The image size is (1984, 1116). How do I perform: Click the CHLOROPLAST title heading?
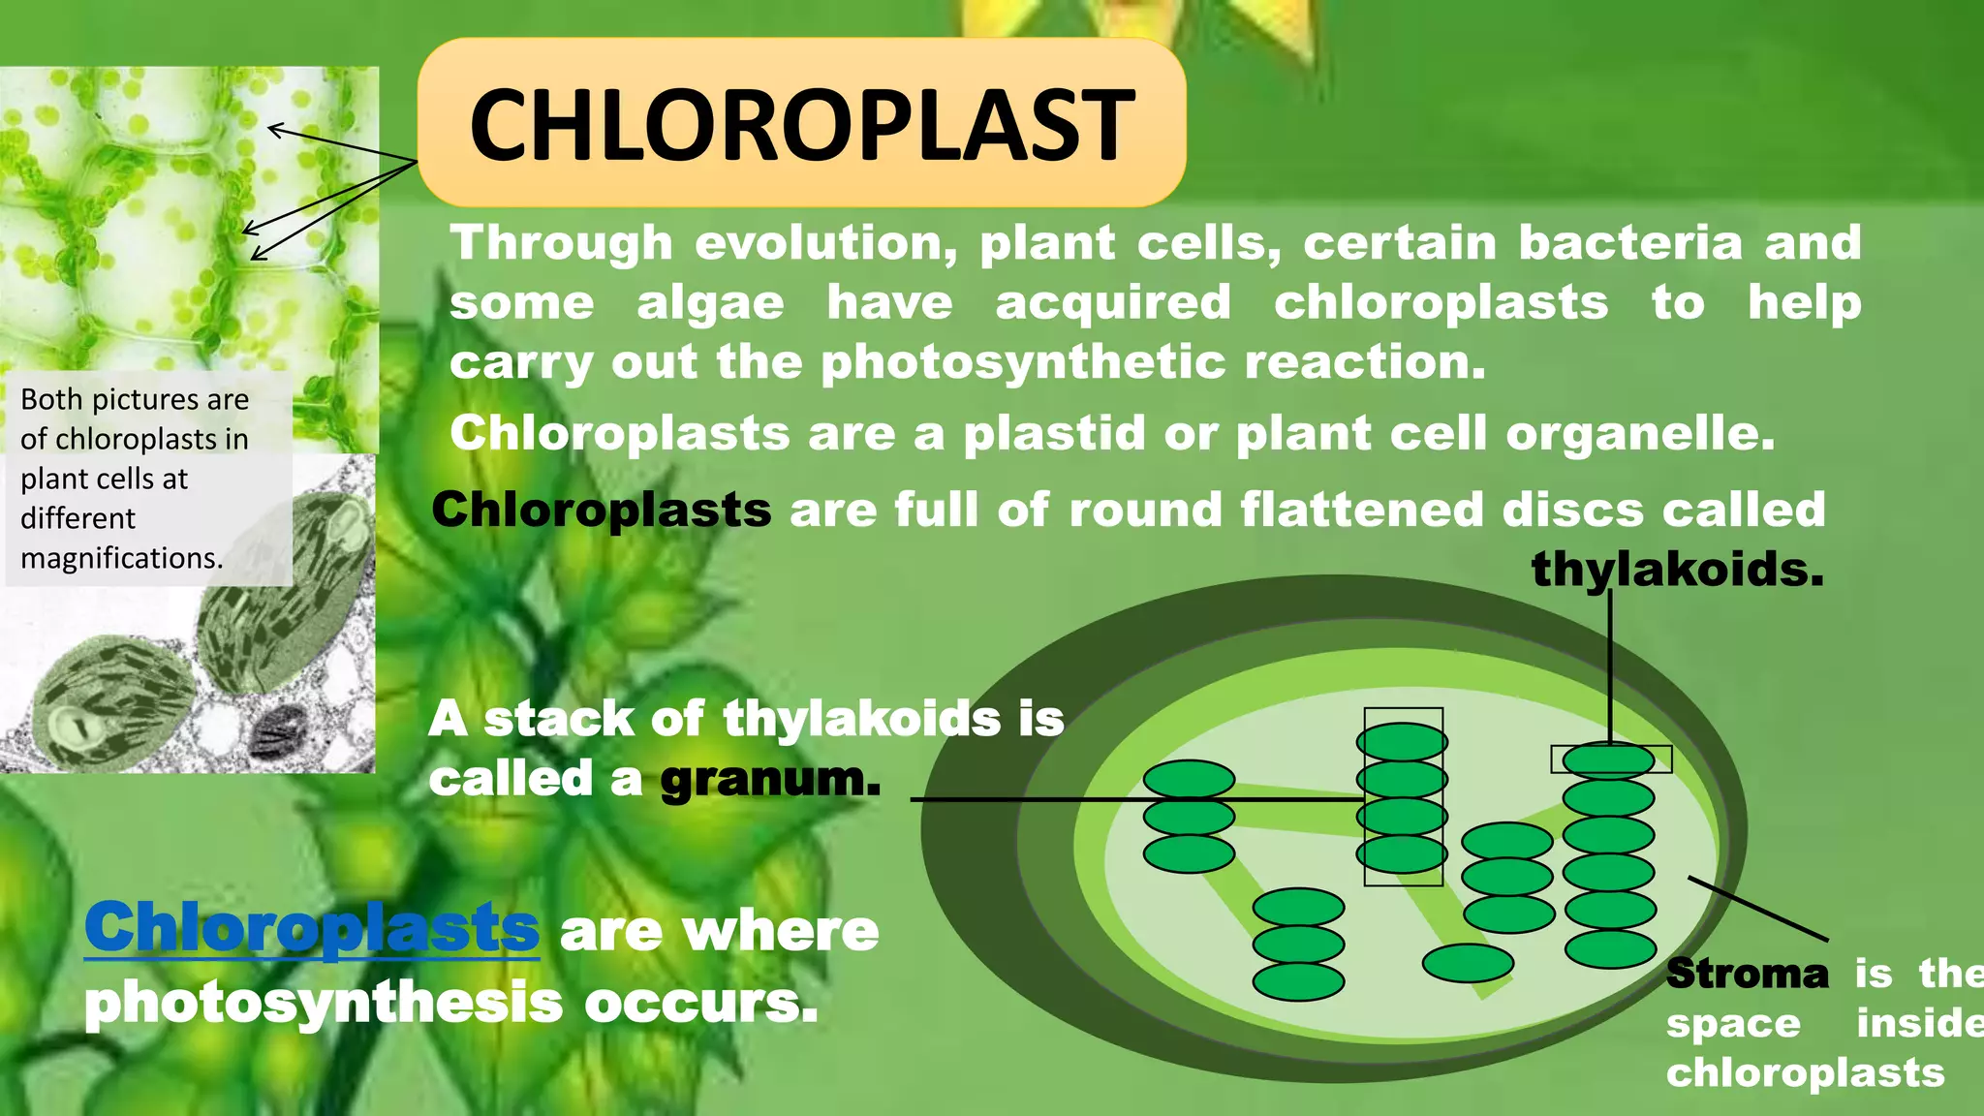pos(801,124)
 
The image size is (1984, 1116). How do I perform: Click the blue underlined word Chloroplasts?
pos(312,928)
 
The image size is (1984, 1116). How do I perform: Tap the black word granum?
pos(770,779)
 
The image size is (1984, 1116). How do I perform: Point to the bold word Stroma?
pos(1747,974)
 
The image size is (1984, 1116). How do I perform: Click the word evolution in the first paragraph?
pos(826,242)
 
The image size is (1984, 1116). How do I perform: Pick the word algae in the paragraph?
pos(710,303)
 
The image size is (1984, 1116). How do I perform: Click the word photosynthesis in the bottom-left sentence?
pos(323,1002)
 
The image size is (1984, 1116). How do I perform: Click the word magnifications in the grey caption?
pos(121,558)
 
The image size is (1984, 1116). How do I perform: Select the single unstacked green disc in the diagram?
pos(1468,963)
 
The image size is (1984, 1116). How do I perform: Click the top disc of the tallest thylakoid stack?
pos(1608,760)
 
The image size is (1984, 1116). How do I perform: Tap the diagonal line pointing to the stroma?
pos(1758,909)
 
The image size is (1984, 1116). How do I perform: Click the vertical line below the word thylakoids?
pos(1610,668)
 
